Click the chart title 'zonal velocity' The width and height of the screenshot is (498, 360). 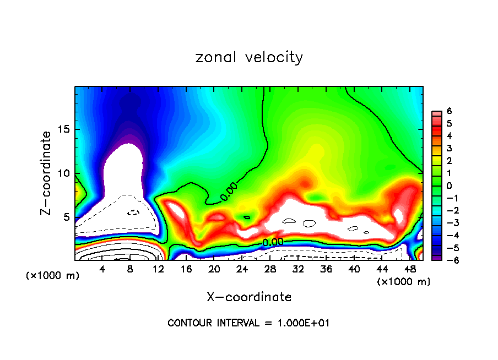249,57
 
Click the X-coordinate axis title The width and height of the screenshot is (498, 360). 249,297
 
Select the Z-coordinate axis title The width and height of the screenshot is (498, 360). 47,173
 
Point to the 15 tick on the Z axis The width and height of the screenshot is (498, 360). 66,129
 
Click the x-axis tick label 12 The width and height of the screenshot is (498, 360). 158,269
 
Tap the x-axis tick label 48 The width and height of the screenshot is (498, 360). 409,269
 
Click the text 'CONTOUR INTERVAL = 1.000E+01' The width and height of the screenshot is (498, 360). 248,323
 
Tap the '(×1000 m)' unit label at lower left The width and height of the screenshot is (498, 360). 52,276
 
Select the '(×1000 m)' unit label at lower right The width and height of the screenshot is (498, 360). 403,282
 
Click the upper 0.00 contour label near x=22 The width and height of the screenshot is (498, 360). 229,194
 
